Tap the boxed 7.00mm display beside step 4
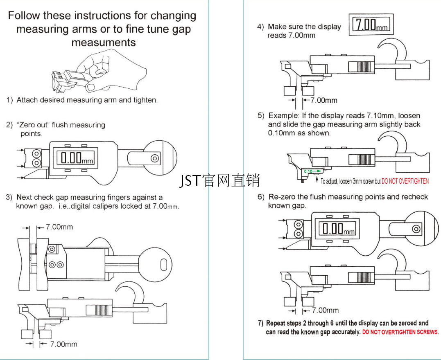point(371,25)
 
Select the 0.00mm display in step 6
point(337,228)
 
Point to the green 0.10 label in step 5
point(308,171)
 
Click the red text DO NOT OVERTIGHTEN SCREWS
point(400,332)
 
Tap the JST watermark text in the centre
point(219,180)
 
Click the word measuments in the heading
point(103,42)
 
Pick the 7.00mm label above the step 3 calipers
point(59,227)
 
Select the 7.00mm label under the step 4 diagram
point(324,100)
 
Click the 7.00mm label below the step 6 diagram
point(326,310)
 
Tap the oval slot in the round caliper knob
point(163,265)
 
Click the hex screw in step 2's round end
point(155,158)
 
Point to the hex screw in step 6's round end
point(416,229)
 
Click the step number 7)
point(260,323)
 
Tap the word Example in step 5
point(283,116)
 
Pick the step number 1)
point(9,100)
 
